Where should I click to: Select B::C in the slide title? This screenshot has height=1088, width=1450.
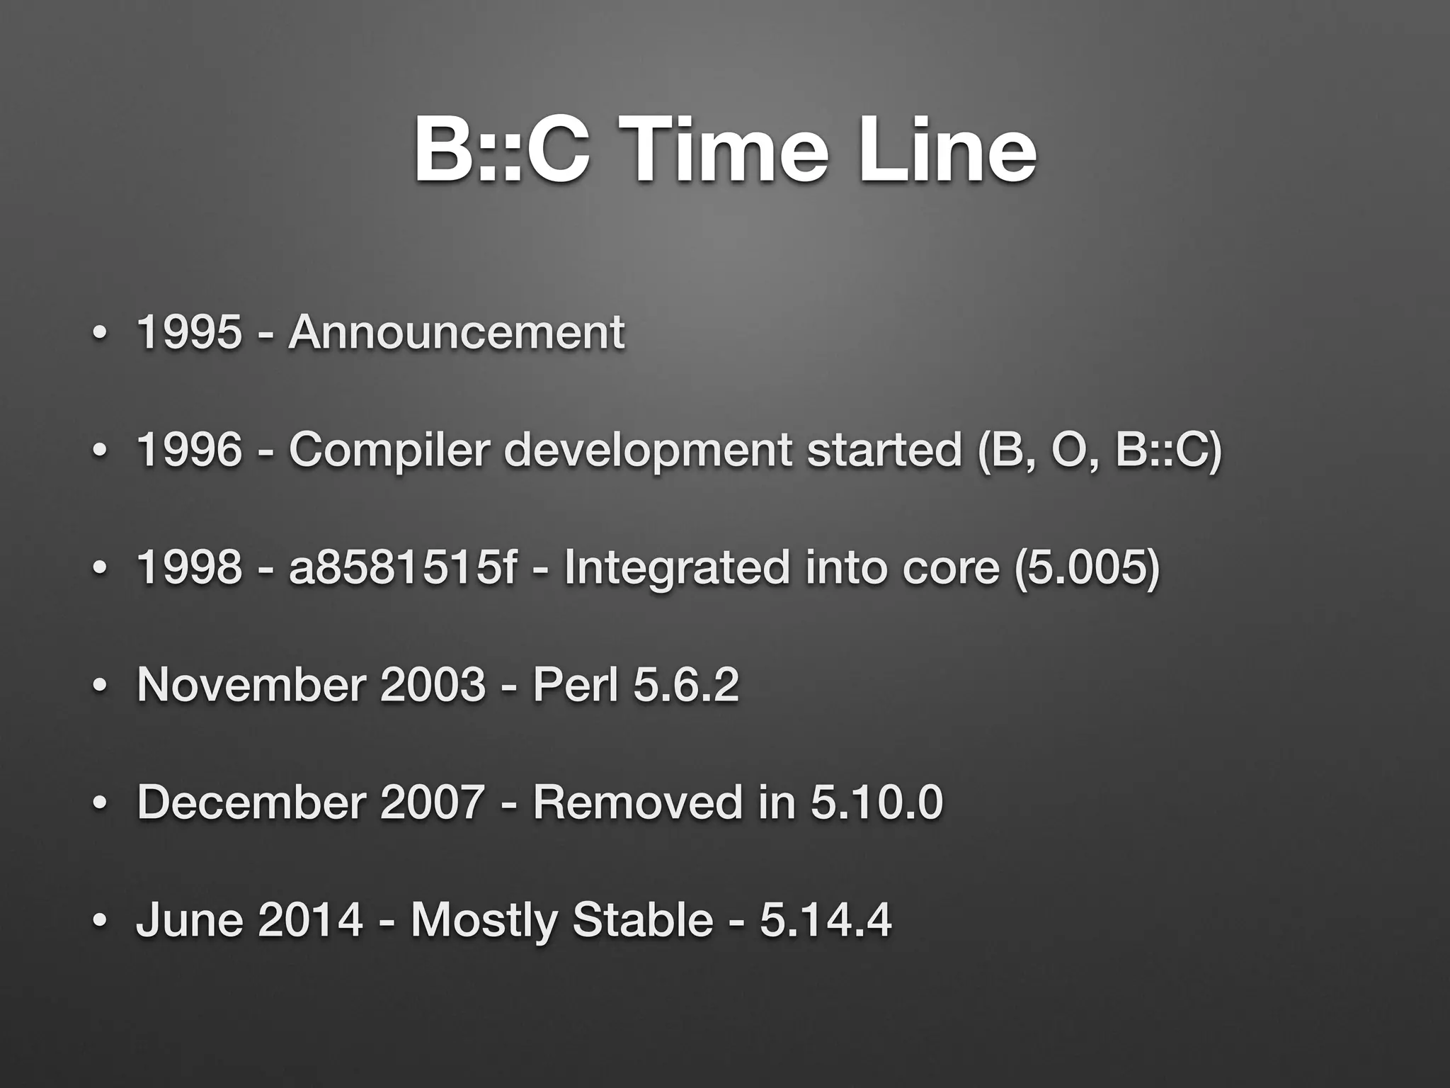pyautogui.click(x=501, y=151)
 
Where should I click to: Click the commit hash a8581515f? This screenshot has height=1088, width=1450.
pyautogui.click(x=403, y=567)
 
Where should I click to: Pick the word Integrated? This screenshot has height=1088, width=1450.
pyautogui.click(x=676, y=569)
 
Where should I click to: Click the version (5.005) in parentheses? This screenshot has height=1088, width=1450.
pyautogui.click(x=1087, y=569)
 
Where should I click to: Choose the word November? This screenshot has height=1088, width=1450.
pyautogui.click(x=251, y=684)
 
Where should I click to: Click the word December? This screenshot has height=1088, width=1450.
pyautogui.click(x=251, y=802)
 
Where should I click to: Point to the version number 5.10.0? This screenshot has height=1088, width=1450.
pyautogui.click(x=877, y=802)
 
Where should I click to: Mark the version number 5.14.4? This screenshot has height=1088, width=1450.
pyautogui.click(x=826, y=920)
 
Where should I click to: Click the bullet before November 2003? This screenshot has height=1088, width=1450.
pyautogui.click(x=101, y=686)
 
